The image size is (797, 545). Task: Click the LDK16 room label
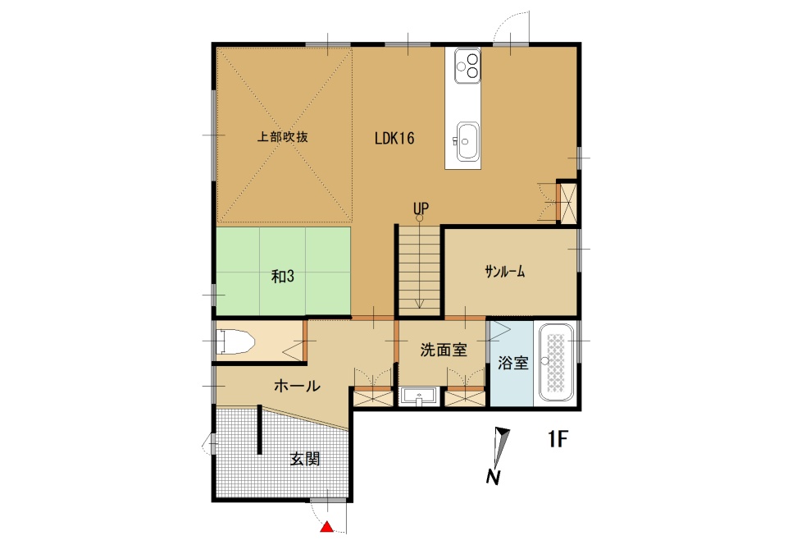[x=394, y=138]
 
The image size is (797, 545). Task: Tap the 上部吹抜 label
[x=283, y=136]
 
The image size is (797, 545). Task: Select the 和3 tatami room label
[x=283, y=277]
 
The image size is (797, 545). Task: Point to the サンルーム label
[x=505, y=272]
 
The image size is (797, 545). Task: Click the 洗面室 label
[x=444, y=350]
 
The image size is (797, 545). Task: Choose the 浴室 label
[x=512, y=363]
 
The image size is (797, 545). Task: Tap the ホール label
[x=297, y=386]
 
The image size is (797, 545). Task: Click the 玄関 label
[x=305, y=459]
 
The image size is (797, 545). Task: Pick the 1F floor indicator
[x=558, y=438]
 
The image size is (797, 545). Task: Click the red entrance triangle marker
[x=327, y=527]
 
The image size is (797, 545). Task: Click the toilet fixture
[x=235, y=342]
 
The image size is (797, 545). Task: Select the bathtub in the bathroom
[x=555, y=362]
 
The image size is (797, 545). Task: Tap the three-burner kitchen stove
[x=467, y=66]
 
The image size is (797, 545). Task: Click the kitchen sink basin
[x=467, y=141]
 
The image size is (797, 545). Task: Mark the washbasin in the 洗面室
[x=418, y=396]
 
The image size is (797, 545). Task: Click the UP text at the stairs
[x=421, y=208]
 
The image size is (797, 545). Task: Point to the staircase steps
[x=419, y=270]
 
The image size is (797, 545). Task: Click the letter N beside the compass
[x=493, y=478]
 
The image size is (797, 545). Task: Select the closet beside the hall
[x=374, y=397]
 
